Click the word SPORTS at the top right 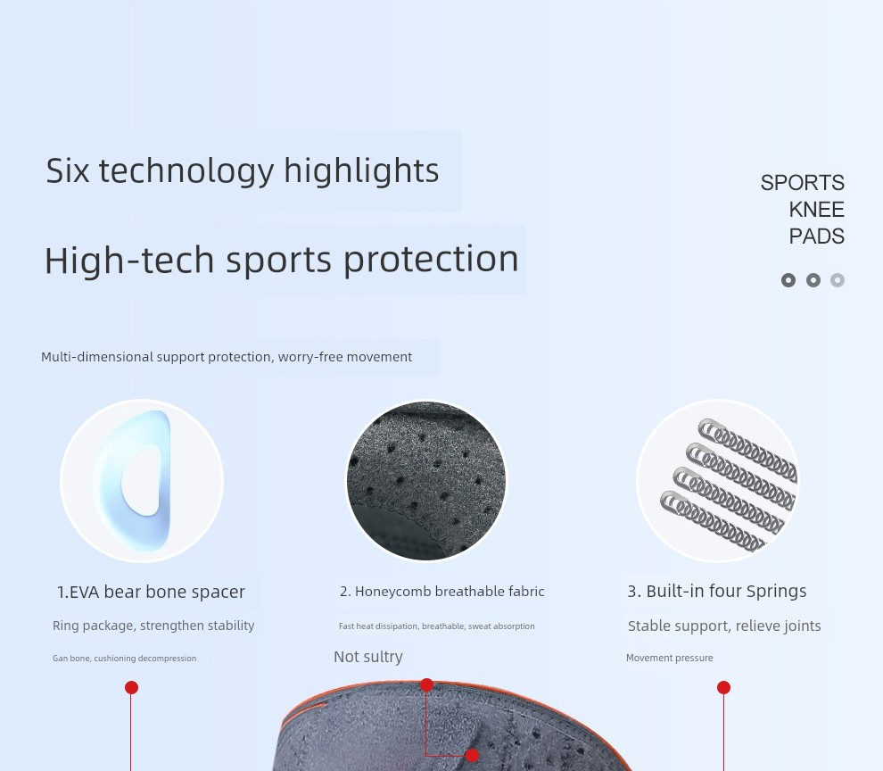pos(802,183)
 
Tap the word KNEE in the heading pos(816,210)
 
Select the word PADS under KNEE pos(816,236)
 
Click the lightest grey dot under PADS pos(838,280)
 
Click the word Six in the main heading pos(68,170)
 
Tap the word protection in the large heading pos(431,261)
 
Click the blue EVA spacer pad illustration pos(133,481)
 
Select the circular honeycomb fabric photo pos(426,481)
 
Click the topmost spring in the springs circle pos(747,450)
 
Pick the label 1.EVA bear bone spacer pos(151,592)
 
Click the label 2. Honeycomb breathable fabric pos(442,592)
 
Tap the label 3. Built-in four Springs pos(717,592)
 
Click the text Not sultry pos(368,657)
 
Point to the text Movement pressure pos(670,658)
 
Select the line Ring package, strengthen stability pos(153,626)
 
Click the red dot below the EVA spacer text pos(131,688)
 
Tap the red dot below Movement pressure pos(723,688)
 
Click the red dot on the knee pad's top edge pos(427,685)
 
